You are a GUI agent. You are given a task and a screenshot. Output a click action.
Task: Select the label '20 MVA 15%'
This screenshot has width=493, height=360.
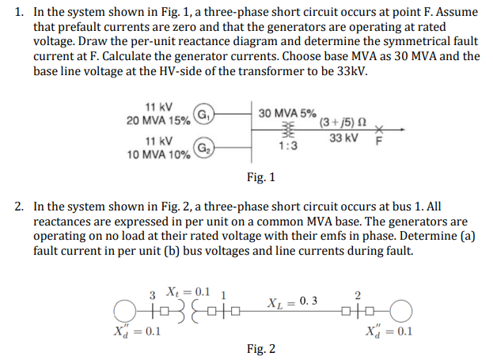pyautogui.click(x=158, y=119)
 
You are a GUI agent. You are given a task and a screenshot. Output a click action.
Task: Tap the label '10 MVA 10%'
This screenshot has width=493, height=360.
pyautogui.click(x=158, y=153)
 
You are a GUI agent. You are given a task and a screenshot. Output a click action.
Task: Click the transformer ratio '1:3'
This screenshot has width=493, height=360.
pyautogui.click(x=287, y=146)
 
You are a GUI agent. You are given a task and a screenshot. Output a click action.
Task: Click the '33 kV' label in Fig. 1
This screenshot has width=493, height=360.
pyautogui.click(x=342, y=138)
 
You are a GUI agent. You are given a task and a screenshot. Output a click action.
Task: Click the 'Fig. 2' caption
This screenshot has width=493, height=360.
pyautogui.click(x=261, y=348)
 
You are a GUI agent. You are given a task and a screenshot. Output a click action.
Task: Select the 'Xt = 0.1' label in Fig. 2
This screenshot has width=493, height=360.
pyautogui.click(x=188, y=290)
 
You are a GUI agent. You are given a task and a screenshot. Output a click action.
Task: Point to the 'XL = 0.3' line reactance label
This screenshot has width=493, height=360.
pyautogui.click(x=294, y=301)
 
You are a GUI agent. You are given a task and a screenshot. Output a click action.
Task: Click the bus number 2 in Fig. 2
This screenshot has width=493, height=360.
pyautogui.click(x=358, y=294)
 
